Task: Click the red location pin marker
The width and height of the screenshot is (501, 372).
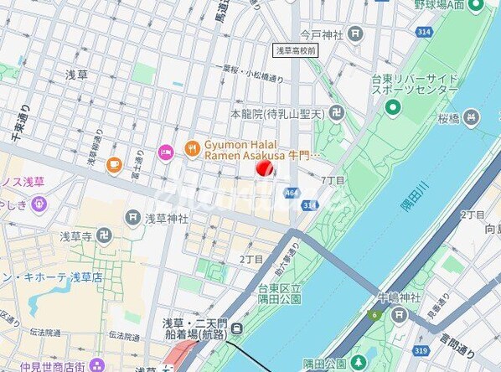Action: (265, 168)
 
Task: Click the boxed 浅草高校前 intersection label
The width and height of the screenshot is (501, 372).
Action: (297, 50)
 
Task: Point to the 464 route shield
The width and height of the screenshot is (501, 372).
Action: (291, 193)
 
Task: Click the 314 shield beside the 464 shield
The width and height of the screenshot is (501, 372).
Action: (310, 204)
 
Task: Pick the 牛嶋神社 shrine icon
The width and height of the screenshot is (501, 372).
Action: (400, 315)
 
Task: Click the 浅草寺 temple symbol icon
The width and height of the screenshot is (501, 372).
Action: (104, 237)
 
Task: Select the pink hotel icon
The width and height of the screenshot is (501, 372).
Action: (164, 152)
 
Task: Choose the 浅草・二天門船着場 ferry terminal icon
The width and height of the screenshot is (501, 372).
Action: (238, 328)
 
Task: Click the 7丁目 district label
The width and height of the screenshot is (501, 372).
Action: (333, 180)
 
